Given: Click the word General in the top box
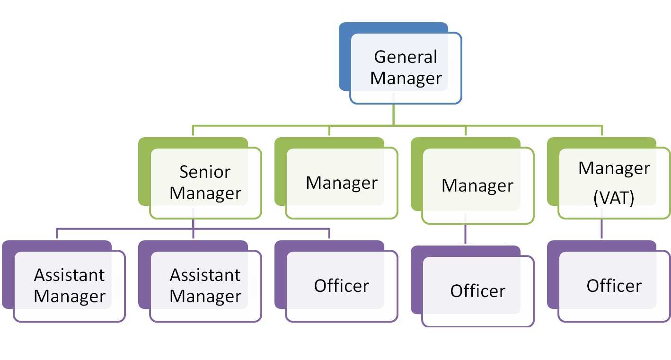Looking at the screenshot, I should click(406, 57).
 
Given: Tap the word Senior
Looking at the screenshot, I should click(205, 172).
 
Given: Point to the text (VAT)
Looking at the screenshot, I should click(614, 198).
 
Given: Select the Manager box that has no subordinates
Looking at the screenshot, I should click(342, 183).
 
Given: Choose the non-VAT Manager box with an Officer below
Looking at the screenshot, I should click(477, 185).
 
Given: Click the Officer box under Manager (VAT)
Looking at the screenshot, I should click(614, 286).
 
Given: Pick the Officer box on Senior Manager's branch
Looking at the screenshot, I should click(342, 286).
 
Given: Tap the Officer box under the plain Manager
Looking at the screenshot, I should click(477, 291).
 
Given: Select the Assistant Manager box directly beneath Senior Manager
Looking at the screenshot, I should click(205, 286).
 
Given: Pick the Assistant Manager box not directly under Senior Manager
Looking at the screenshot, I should click(70, 286).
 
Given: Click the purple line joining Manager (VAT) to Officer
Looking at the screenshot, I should click(601, 230).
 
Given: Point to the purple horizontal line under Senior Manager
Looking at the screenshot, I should click(123, 229).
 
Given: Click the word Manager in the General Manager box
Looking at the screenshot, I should click(406, 78).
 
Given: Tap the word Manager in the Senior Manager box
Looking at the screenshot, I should click(205, 193).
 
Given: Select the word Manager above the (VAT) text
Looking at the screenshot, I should click(614, 168).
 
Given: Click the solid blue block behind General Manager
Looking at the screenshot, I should click(345, 57).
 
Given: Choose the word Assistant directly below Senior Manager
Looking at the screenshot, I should click(205, 275).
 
